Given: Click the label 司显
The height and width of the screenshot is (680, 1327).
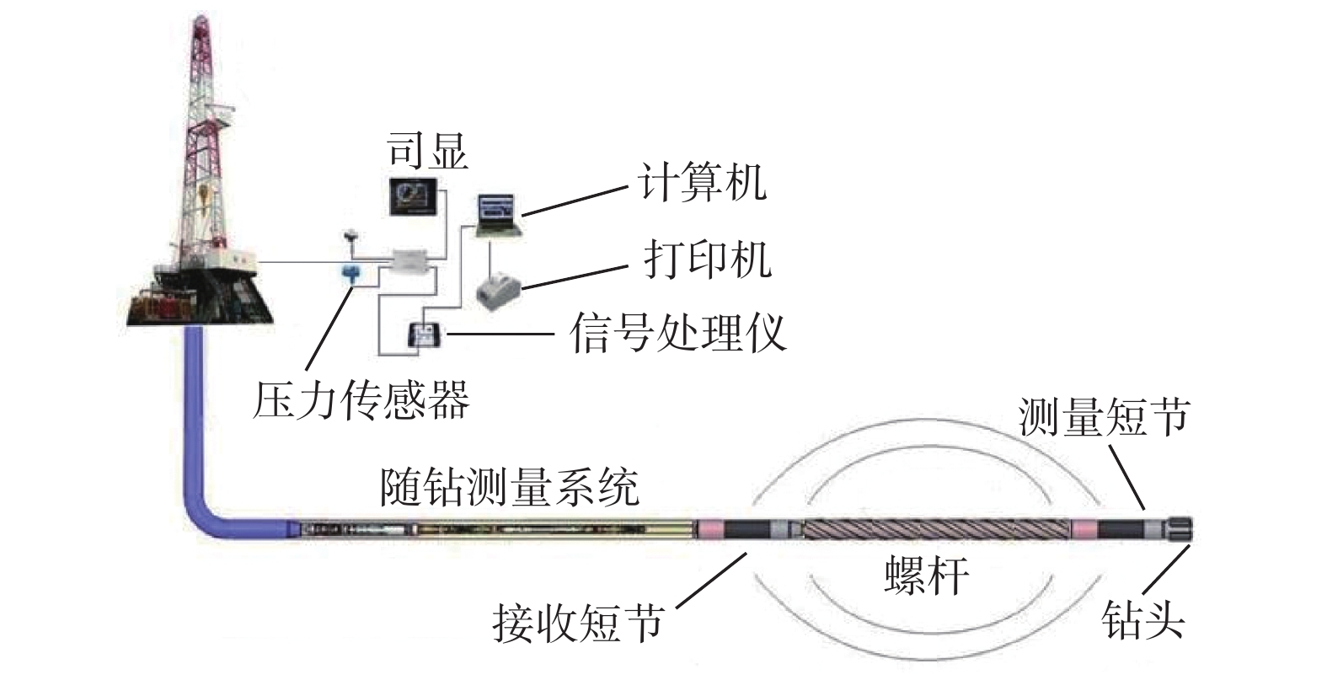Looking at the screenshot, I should pos(426,152).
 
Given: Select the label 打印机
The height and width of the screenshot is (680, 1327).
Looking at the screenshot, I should pos(707,259).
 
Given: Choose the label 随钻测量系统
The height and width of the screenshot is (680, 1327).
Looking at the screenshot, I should pos(510,486).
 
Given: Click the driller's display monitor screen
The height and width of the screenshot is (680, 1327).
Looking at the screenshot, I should pos(413,196).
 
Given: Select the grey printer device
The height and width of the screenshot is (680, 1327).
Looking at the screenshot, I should pos(499,291).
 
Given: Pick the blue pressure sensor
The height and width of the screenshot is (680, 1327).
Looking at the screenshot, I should pos(352,272).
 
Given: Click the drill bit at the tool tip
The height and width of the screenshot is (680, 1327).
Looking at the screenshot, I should pos(1179,530).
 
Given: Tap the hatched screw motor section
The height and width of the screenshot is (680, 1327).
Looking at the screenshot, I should pos(936,529).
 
